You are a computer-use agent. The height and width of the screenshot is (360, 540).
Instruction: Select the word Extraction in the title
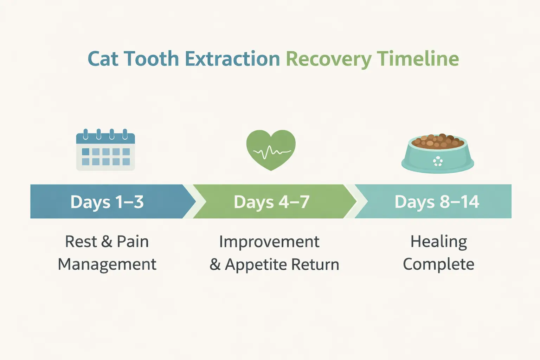(232, 59)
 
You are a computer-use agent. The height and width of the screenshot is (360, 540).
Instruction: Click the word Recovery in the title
(328, 59)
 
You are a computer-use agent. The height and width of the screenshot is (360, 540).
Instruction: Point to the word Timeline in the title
(418, 59)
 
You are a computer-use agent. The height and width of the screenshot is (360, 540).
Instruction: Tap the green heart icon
(271, 149)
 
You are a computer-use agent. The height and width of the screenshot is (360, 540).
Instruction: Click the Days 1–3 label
(107, 202)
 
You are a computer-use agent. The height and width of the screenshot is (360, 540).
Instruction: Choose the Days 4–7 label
(271, 202)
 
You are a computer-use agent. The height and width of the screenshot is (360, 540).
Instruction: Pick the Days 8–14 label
(437, 202)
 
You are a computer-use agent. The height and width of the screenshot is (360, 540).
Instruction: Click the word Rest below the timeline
(81, 242)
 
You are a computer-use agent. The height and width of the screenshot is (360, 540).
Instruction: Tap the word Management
(107, 264)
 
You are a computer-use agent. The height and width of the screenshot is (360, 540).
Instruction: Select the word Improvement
(269, 242)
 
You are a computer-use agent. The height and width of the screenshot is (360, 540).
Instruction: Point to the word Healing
(438, 242)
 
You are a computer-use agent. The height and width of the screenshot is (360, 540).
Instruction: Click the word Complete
(438, 264)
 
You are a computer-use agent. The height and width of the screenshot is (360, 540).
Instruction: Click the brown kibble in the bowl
(438, 141)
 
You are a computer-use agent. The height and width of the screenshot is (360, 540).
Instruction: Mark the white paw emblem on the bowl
(438, 162)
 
